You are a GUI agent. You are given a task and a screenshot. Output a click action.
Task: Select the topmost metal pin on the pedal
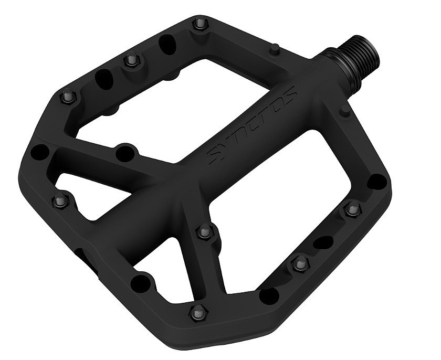pyautogui.click(x=199, y=24)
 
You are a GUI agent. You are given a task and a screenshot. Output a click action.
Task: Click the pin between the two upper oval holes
pyautogui.click(x=131, y=61)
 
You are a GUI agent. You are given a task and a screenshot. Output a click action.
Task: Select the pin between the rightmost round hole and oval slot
pyautogui.click(x=352, y=210)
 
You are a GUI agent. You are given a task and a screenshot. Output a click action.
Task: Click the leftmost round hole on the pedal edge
pyautogui.click(x=40, y=152)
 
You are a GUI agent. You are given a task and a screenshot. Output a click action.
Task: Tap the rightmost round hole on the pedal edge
pyautogui.click(x=376, y=182)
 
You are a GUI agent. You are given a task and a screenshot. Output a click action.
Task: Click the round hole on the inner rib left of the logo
pyautogui.click(x=125, y=153)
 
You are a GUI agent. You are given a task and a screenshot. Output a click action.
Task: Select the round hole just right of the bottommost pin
pyautogui.click(x=269, y=295)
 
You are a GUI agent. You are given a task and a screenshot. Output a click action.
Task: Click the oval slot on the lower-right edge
pyautogui.click(x=323, y=242)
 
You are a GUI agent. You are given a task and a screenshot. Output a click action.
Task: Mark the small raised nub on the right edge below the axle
pyautogui.click(x=344, y=110)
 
